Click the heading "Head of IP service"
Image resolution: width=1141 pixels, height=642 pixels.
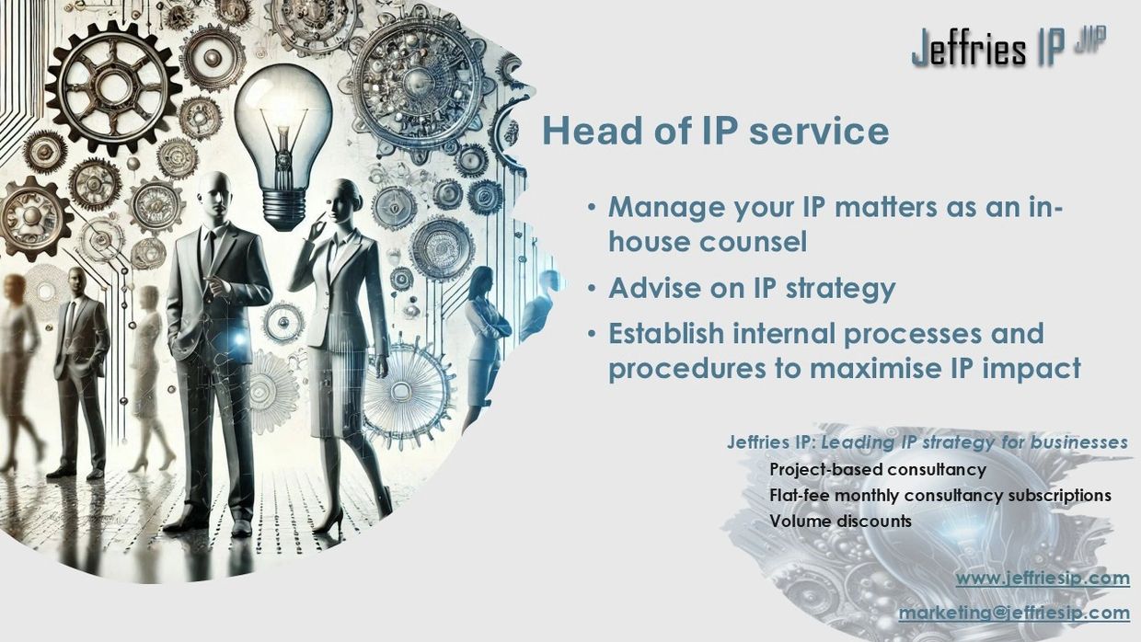[716, 131]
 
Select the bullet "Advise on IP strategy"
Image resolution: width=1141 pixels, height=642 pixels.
[752, 288]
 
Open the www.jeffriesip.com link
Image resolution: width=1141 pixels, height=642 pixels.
[1043, 579]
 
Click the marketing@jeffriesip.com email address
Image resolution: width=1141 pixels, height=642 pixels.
[1014, 613]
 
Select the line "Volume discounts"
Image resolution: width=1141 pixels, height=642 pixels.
[840, 521]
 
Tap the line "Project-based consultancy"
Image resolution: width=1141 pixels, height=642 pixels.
[878, 469]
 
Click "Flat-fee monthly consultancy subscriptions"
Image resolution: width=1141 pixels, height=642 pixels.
[940, 495]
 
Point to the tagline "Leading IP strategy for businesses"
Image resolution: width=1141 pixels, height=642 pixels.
[974, 442]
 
